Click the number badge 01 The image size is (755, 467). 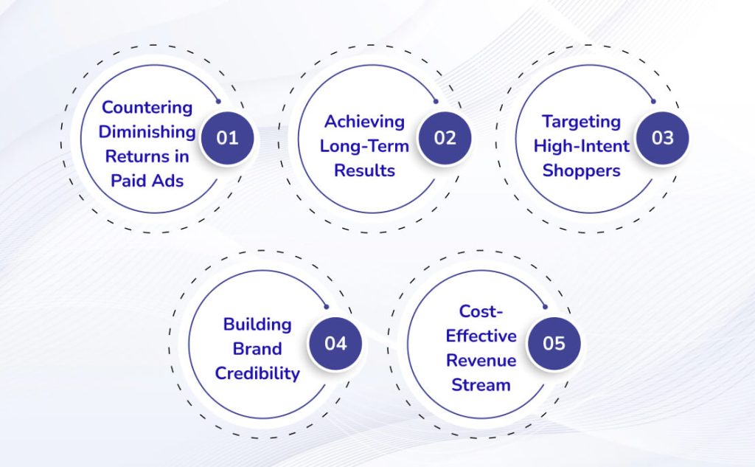(227, 138)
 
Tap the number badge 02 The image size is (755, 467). (445, 138)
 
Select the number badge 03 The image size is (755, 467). (662, 138)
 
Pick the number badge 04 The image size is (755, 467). (335, 344)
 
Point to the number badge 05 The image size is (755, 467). (554, 344)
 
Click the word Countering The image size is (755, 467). (147, 107)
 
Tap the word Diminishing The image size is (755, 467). (147, 132)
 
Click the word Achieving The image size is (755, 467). (364, 121)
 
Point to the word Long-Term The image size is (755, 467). (364, 146)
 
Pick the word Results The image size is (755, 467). (364, 170)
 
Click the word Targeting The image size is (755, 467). (581, 121)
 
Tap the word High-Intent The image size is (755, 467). (581, 146)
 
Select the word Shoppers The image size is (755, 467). (581, 170)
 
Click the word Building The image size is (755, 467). (257, 324)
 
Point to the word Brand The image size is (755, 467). (257, 348)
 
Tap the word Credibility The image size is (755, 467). (257, 373)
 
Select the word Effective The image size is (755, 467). (481, 336)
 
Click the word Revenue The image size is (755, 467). (481, 360)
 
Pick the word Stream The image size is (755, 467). (481, 384)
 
